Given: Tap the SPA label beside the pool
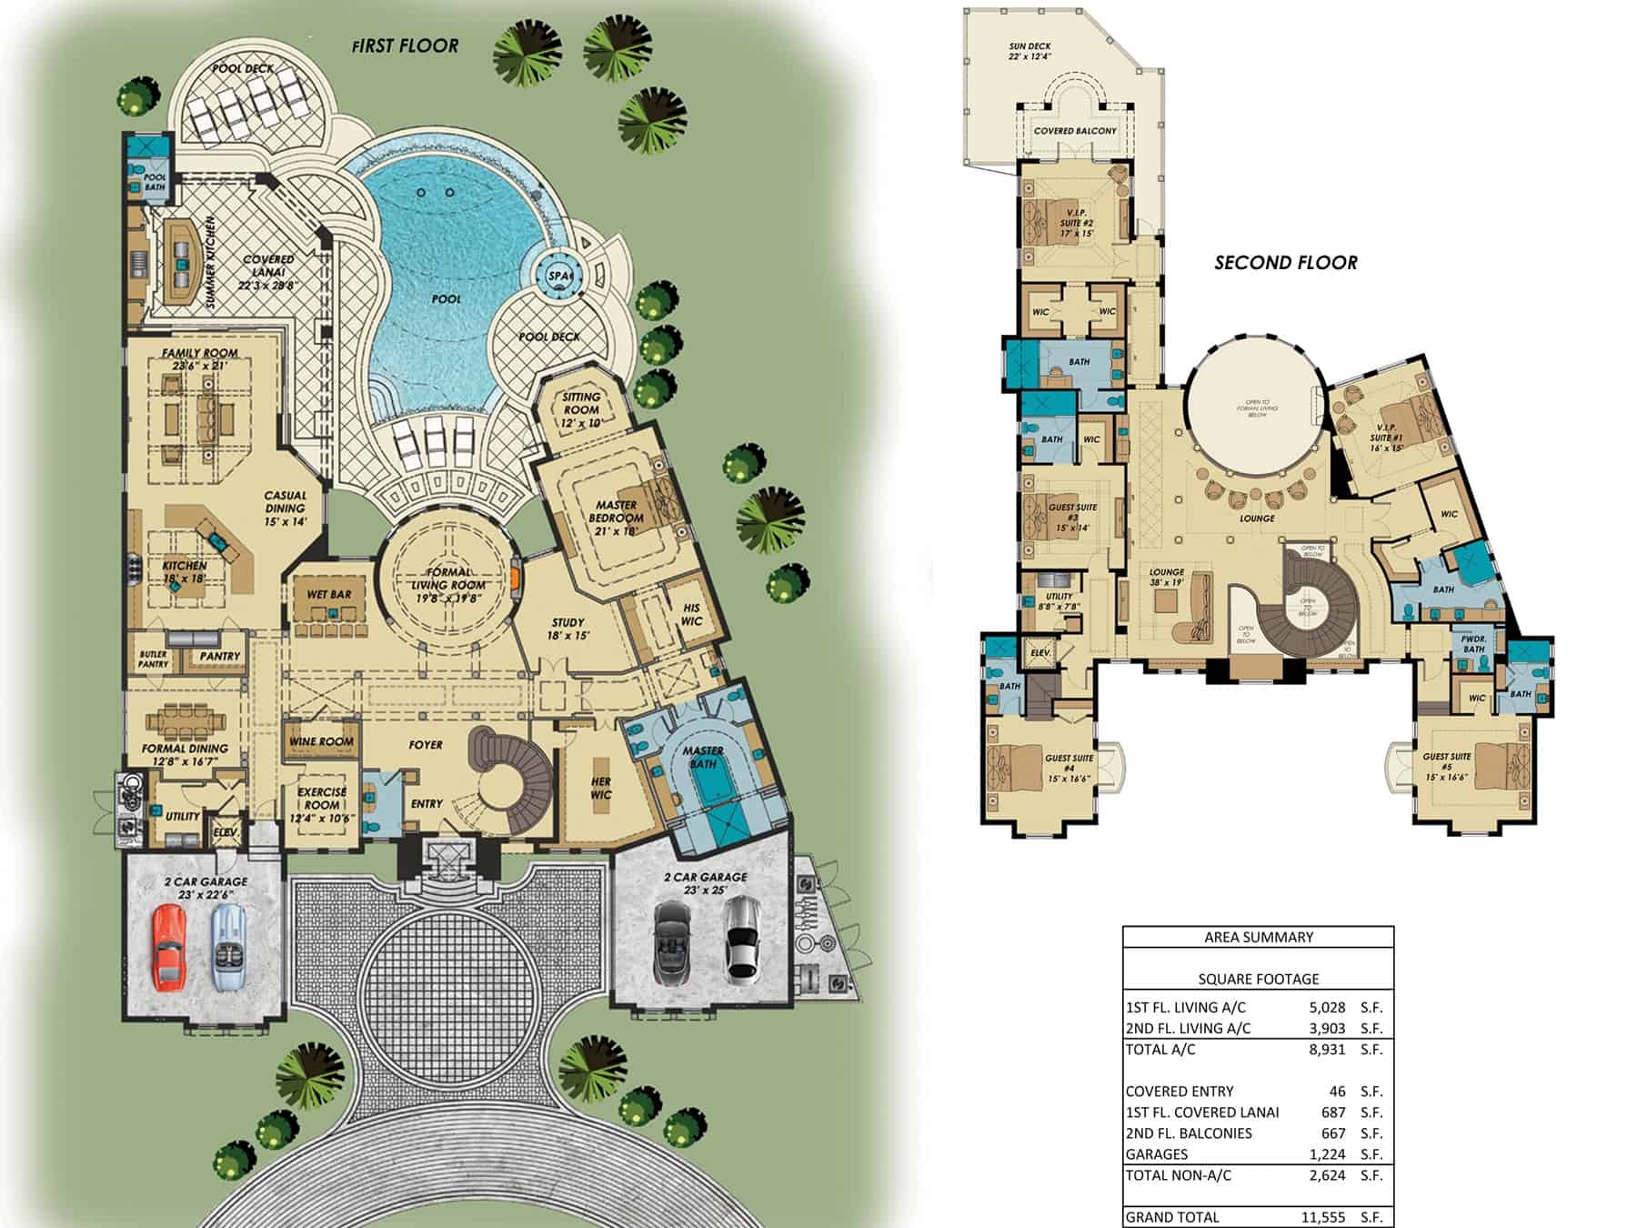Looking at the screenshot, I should coord(558,276).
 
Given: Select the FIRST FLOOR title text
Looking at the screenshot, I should coord(406,45).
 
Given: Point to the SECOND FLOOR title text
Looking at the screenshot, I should coord(1285,263).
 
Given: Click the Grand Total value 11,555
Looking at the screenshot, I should coord(1323,1217).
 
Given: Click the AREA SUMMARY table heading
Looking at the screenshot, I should coord(1258,937).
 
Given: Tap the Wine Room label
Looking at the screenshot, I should coord(321,741).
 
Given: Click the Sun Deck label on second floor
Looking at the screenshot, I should coord(1029,51).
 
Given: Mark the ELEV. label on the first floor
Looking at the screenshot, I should coord(225,832).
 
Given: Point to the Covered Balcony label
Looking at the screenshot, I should coord(1075,131).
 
